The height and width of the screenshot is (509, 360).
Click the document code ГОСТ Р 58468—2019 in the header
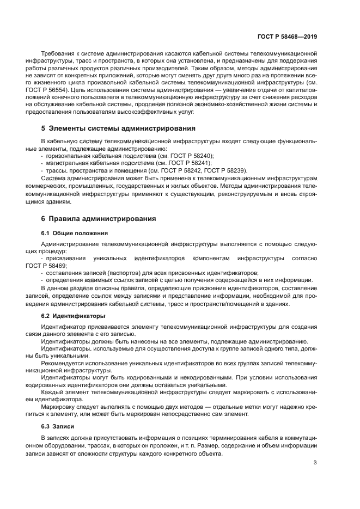click(286, 36)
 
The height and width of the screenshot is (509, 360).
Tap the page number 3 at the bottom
click(315, 463)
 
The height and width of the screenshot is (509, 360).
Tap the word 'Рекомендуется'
click(64, 363)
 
